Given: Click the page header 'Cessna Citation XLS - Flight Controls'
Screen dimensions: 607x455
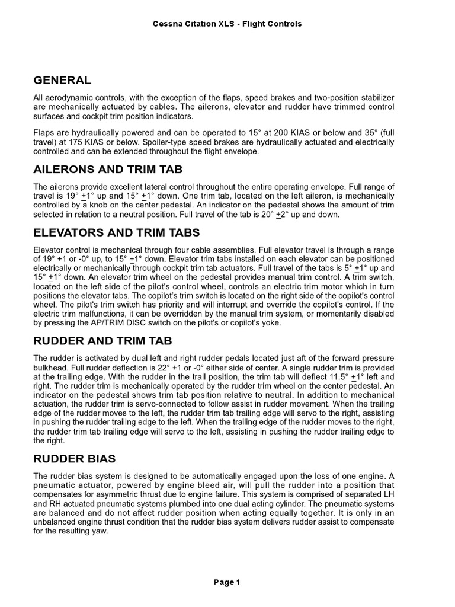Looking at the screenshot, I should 227,24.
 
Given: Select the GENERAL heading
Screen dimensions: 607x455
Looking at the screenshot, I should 62,80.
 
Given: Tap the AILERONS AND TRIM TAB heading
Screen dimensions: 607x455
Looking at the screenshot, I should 112,170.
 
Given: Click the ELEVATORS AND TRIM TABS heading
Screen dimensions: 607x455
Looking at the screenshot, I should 117,232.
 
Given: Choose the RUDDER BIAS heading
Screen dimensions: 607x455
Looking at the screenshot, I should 75,458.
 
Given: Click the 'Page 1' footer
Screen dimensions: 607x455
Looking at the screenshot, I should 227,582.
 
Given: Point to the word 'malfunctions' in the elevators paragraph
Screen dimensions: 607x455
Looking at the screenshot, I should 82,314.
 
